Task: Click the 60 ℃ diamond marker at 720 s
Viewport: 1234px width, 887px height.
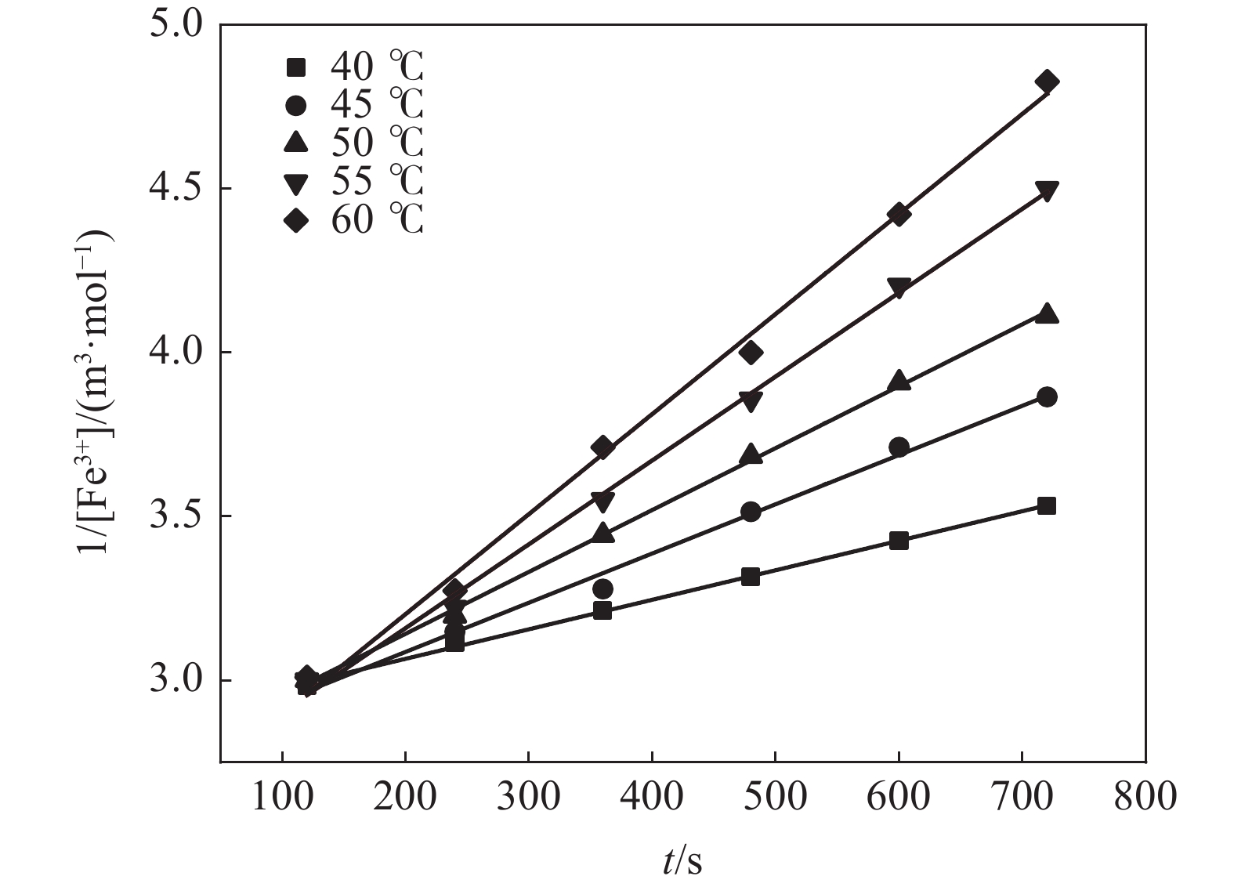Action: click(x=1047, y=81)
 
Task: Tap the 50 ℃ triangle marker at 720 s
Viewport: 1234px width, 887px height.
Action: click(x=1047, y=314)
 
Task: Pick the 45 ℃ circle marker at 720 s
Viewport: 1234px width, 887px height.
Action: click(x=1047, y=397)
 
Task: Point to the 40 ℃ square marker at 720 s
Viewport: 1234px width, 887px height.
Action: click(x=1047, y=505)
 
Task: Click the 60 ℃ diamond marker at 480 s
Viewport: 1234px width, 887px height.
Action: click(x=751, y=353)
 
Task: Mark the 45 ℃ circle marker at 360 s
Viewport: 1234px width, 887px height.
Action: click(x=603, y=588)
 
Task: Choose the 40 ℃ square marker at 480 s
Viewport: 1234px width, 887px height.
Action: click(x=751, y=577)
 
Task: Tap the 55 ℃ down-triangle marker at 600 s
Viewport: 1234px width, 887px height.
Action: click(x=899, y=288)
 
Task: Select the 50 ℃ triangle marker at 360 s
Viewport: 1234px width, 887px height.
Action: click(x=603, y=533)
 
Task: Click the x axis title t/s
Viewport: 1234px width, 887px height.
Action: click(x=682, y=861)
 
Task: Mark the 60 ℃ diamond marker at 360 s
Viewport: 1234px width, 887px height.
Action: click(x=603, y=447)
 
